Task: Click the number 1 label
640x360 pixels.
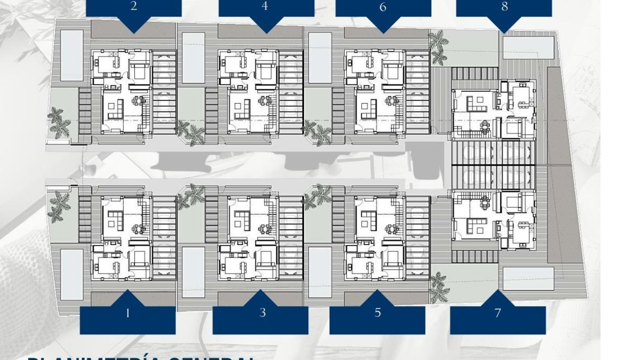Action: point(128,313)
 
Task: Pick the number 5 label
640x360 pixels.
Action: point(377,313)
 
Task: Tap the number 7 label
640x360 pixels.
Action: point(498,313)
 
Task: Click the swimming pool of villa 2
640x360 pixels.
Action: point(72,55)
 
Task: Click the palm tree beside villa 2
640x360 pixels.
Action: point(59,122)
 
